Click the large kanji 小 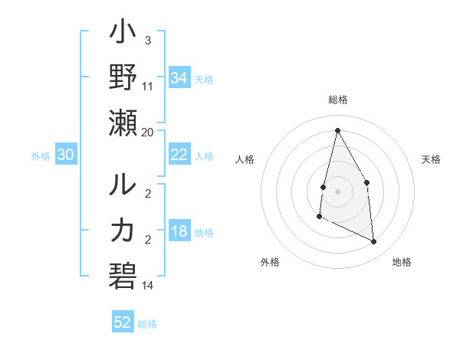(x=123, y=35)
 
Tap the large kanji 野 (x=123, y=78)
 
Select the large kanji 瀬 (x=123, y=123)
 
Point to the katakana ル (x=123, y=186)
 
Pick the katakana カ (x=123, y=230)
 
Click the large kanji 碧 (x=123, y=274)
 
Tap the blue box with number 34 (x=179, y=78)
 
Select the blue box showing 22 (x=179, y=155)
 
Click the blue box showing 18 (x=179, y=231)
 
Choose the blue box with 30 (x=66, y=155)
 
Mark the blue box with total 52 (x=123, y=322)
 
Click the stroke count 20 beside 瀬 (x=148, y=133)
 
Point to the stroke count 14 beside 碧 (x=148, y=286)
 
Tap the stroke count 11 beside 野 (x=148, y=87)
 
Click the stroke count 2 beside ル (x=148, y=195)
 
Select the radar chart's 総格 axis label (x=337, y=100)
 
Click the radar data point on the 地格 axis (x=374, y=242)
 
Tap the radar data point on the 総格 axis (x=337, y=130)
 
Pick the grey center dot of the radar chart (x=337, y=191)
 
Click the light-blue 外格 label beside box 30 (x=41, y=155)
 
